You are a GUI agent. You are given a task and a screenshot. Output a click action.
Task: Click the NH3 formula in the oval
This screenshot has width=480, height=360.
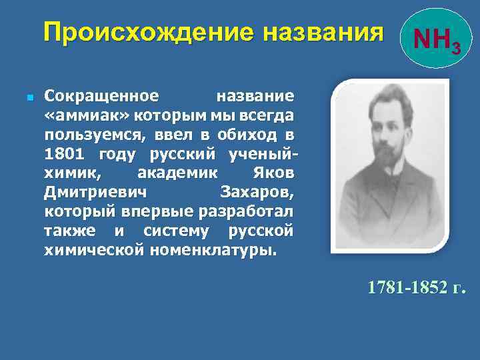pos(434,41)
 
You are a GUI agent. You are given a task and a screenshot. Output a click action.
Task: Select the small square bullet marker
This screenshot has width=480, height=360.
pos(21,97)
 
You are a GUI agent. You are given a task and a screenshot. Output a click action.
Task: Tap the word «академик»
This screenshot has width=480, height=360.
pos(179,173)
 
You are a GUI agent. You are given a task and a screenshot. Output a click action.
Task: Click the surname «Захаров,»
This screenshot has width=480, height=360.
pos(256,193)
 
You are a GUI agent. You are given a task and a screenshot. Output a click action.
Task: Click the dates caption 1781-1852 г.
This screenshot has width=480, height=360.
pos(416,288)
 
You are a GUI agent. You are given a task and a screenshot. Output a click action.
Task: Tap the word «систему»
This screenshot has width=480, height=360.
pos(176,231)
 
